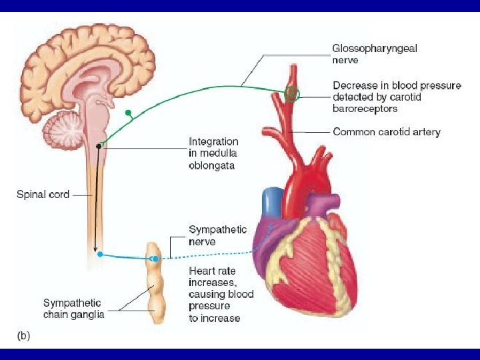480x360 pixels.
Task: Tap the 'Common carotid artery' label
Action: click(x=387, y=132)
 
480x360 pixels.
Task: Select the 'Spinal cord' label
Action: click(x=43, y=195)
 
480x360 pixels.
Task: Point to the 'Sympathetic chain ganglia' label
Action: click(x=73, y=309)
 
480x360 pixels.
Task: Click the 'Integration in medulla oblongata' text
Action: click(x=213, y=153)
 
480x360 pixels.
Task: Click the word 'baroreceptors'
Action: click(x=365, y=108)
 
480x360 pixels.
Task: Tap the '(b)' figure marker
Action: click(x=23, y=336)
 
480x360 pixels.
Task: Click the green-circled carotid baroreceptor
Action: click(x=291, y=93)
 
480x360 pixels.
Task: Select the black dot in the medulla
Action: click(x=99, y=145)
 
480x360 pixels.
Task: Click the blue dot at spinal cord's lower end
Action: click(x=99, y=254)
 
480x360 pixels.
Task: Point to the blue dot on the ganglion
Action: click(x=155, y=258)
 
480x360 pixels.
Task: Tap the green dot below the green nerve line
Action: click(x=128, y=113)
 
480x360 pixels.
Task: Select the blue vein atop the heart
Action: click(x=271, y=201)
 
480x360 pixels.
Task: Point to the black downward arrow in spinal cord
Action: click(x=97, y=200)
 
